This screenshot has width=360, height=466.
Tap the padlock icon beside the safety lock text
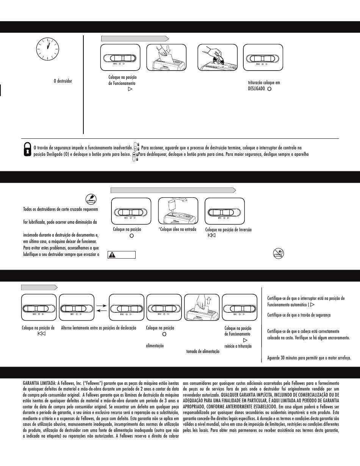click(27, 149)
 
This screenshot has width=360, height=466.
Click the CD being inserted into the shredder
click(218, 59)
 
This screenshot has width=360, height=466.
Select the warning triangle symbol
click(113, 255)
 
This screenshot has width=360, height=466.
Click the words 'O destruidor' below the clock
click(63, 81)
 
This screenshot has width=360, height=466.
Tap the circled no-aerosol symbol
click(279, 254)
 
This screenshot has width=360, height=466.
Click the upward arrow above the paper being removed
click(208, 301)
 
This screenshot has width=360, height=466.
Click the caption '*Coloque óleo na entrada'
click(177, 229)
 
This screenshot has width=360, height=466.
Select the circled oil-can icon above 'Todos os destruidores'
click(91, 199)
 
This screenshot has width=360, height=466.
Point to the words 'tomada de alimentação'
click(203, 351)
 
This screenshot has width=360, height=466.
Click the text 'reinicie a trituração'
click(238, 346)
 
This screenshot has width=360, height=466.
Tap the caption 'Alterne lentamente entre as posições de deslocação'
click(99, 328)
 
